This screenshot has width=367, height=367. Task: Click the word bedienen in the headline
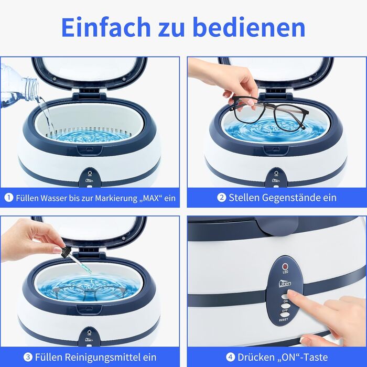pyautogui.click(x=250, y=27)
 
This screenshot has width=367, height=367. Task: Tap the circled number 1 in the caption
pyautogui.click(x=9, y=198)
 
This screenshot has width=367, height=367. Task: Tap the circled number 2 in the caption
pyautogui.click(x=221, y=198)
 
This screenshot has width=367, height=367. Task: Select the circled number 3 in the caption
pyautogui.click(x=28, y=357)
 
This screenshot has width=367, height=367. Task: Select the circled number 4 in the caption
pyautogui.click(x=230, y=357)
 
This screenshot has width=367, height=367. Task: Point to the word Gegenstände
pyautogui.click(x=288, y=198)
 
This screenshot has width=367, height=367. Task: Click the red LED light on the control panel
pyautogui.click(x=285, y=266)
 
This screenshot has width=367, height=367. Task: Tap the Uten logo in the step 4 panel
pyautogui.click(x=285, y=283)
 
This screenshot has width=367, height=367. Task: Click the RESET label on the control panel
pyautogui.click(x=284, y=319)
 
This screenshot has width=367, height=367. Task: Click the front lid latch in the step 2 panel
pyautogui.click(x=276, y=150)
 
